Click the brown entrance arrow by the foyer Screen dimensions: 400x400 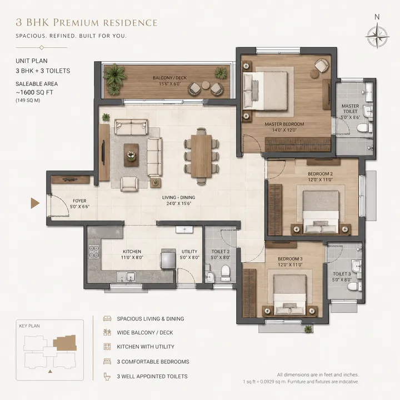pyautogui.click(x=35, y=203)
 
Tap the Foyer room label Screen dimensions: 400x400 pyautogui.click(x=64, y=204)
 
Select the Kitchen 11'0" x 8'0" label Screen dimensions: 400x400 pyautogui.click(x=132, y=254)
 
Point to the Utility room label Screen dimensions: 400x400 pyautogui.click(x=189, y=254)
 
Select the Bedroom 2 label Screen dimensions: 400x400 pyautogui.click(x=319, y=177)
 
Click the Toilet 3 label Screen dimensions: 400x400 pyautogui.click(x=342, y=277)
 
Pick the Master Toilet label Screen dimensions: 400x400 pyautogui.click(x=350, y=109)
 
